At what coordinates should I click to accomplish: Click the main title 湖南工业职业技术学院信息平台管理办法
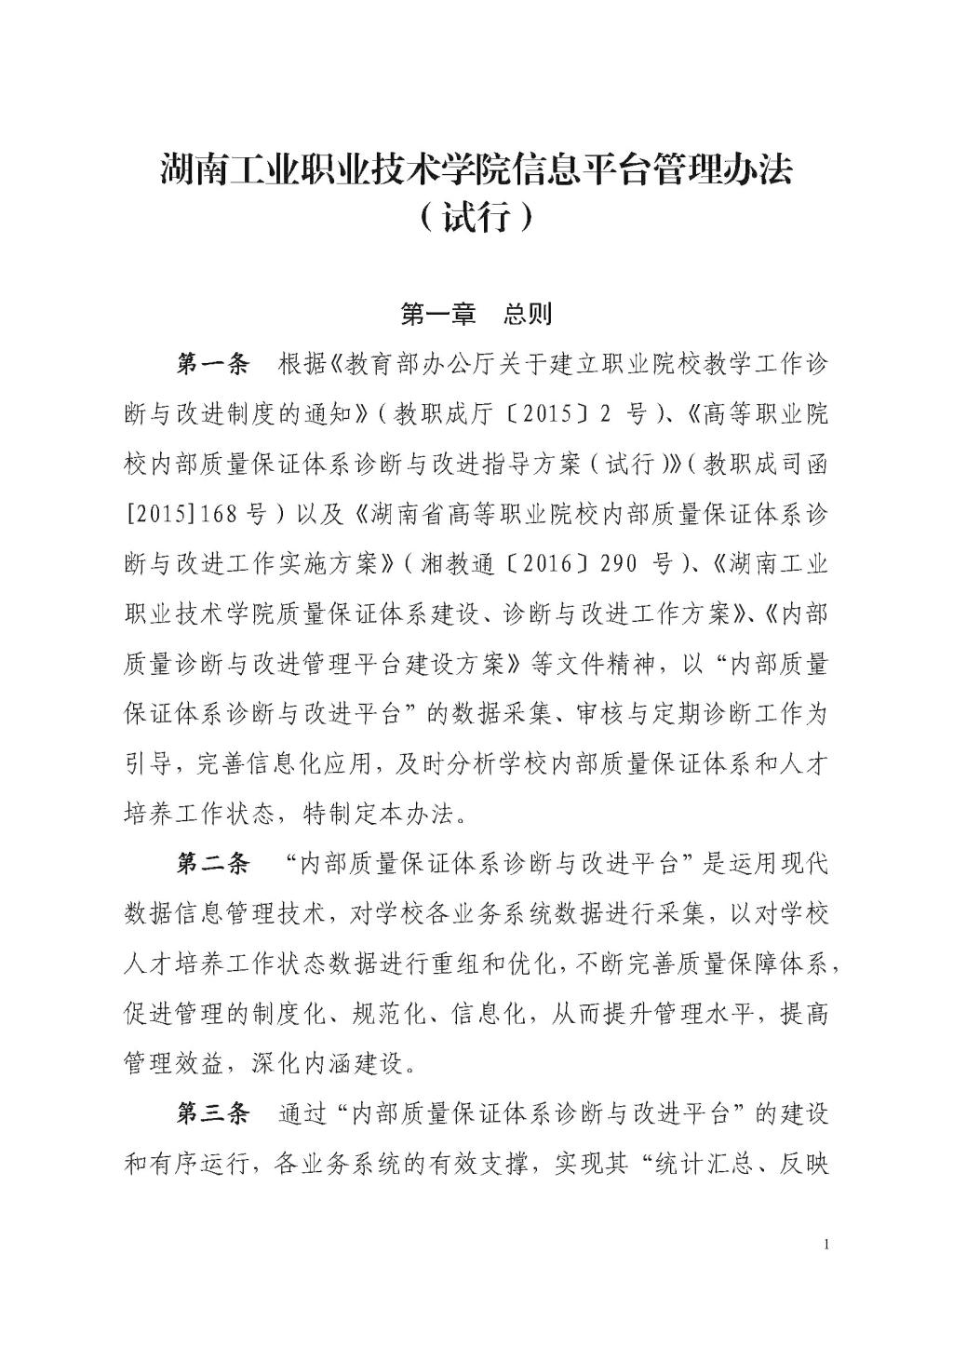(476, 170)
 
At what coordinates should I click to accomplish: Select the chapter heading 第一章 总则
(476, 315)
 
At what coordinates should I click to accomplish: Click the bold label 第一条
(213, 364)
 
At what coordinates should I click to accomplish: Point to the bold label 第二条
(213, 865)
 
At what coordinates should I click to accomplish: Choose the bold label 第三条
(213, 1114)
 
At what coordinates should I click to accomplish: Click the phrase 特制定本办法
(379, 815)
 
